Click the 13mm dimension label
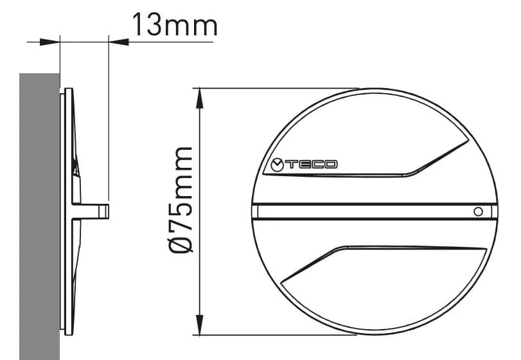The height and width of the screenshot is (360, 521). (175, 25)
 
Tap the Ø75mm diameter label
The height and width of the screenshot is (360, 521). (181, 200)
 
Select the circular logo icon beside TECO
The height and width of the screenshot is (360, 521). (277, 165)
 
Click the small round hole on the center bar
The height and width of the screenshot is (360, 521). (478, 212)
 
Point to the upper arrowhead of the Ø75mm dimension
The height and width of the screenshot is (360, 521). (199, 98)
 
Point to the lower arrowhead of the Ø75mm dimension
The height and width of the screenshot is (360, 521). (199, 325)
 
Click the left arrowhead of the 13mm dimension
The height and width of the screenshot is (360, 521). (49, 42)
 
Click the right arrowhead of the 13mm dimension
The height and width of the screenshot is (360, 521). (119, 42)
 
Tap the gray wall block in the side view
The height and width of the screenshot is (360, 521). (40, 217)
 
